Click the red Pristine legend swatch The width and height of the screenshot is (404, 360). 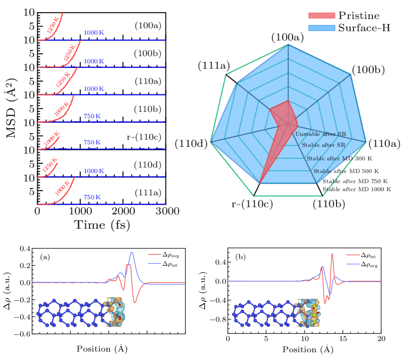pos(322,16)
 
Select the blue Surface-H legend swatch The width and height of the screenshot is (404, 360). pos(322,28)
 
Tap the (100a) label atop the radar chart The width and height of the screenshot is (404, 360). pos(288,37)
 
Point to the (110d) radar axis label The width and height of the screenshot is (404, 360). pos(191,143)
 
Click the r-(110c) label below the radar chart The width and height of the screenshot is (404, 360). pos(252,204)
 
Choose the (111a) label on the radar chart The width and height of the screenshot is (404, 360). pos(214,66)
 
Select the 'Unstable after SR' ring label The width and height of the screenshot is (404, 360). pos(321,134)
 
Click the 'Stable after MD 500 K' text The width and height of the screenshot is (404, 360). pos(346,171)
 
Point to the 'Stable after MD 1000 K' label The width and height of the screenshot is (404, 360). pos(357,189)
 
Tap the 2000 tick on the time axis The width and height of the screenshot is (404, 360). pos(123,211)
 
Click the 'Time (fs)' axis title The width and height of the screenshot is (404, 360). pos(102,225)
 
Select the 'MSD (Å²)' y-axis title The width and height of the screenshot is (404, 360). pos(11,108)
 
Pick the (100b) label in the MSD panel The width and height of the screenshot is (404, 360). pos(147,53)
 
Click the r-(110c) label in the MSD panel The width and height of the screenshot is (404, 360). pos(144,137)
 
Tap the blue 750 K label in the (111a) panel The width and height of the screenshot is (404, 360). pos(92,197)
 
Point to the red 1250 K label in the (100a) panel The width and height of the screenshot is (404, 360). pos(53,25)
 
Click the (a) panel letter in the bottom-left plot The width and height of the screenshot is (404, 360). pos(45,257)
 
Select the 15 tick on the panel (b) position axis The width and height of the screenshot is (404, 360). pos(343,338)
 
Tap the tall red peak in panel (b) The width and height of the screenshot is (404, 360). pos(332,254)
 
